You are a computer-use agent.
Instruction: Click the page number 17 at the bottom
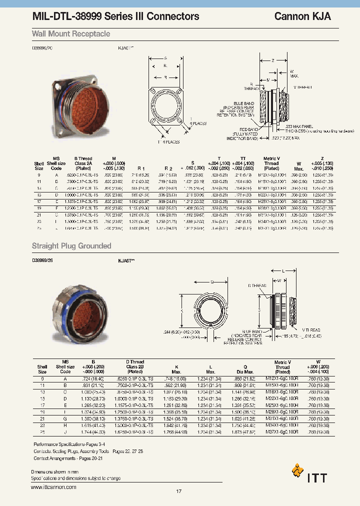pyautogui.click(x=179, y=491)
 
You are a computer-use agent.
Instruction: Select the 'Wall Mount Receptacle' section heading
pyautogui.click(x=71, y=34)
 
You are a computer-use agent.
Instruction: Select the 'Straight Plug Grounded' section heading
pyautogui.click(x=71, y=246)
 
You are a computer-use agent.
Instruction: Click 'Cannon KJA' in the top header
pyautogui.click(x=302, y=16)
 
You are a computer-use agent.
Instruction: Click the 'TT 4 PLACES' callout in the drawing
pyautogui.click(x=166, y=142)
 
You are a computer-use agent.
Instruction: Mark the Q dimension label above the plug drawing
pyautogui.click(x=212, y=281)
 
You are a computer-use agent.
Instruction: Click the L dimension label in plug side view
pyautogui.click(x=283, y=270)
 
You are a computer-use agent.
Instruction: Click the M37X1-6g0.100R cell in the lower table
pyautogui.click(x=282, y=431)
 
